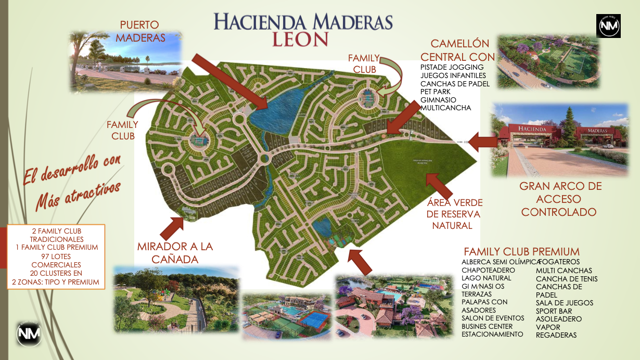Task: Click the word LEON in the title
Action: pyautogui.click(x=300, y=39)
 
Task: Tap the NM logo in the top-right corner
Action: pyautogui.click(x=609, y=26)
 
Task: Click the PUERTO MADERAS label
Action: pyautogui.click(x=140, y=31)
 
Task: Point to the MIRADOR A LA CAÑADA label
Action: pyautogui.click(x=175, y=252)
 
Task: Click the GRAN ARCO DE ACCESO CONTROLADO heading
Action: pyautogui.click(x=560, y=199)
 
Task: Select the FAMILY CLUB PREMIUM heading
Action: pyautogui.click(x=521, y=251)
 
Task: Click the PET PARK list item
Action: pyautogui.click(x=436, y=92)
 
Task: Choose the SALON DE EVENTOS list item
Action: pyautogui.click(x=487, y=318)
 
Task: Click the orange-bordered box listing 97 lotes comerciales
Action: pyautogui.click(x=56, y=256)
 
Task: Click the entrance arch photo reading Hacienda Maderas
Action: pyautogui.click(x=560, y=139)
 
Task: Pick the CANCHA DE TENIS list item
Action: pyautogui.click(x=567, y=279)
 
